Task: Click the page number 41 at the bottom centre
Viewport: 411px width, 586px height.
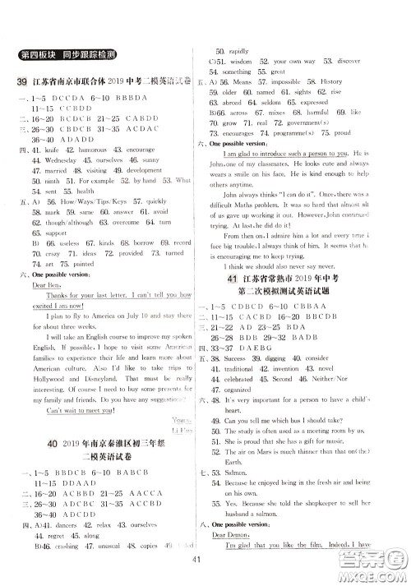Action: (x=205, y=561)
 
